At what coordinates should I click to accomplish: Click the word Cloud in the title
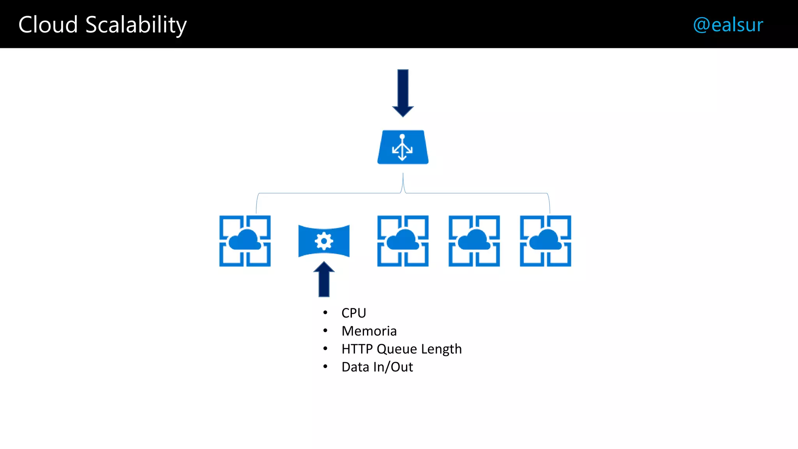coord(48,25)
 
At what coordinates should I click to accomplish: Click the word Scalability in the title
coord(136,25)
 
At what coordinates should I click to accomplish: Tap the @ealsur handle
coord(728,25)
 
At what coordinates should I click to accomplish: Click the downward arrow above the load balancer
coord(403,93)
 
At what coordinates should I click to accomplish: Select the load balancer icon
coord(403,147)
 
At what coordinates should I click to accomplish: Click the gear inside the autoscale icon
coord(324,241)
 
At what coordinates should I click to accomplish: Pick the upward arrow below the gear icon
coord(324,279)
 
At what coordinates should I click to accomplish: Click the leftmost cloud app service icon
coord(245,241)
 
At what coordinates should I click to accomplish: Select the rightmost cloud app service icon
coord(546,241)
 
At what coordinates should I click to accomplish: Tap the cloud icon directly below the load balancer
coord(403,241)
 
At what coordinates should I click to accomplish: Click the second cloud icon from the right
coord(474,241)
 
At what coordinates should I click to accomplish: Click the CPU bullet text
coord(354,313)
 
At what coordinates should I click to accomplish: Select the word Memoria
coord(369,331)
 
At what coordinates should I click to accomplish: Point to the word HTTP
coord(357,349)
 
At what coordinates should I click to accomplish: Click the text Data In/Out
coord(377,367)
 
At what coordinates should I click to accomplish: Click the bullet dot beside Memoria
coord(325,331)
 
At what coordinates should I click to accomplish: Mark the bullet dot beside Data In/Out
coord(325,366)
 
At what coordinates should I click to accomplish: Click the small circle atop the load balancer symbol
coord(402,136)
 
